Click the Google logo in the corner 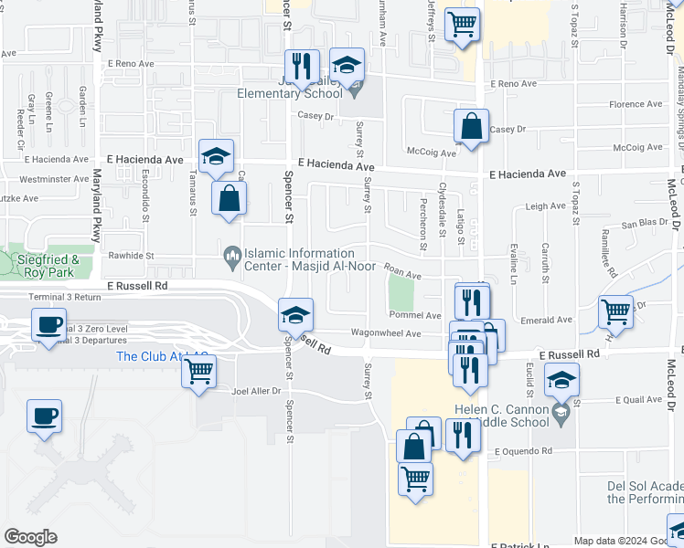[30, 536]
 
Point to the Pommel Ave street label [415, 315]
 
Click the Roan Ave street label [402, 272]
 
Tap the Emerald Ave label [549, 320]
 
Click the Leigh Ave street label [546, 207]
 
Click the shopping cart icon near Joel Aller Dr [198, 370]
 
